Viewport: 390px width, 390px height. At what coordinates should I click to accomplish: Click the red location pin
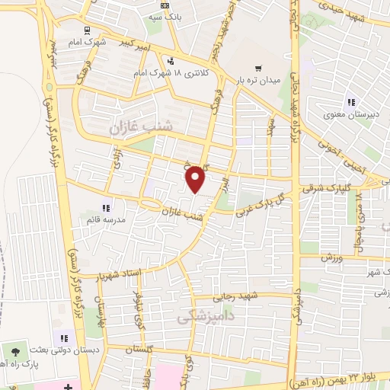197,178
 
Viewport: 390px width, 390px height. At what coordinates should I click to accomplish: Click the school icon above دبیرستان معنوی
351,102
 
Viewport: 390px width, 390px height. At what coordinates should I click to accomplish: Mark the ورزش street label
328,259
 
